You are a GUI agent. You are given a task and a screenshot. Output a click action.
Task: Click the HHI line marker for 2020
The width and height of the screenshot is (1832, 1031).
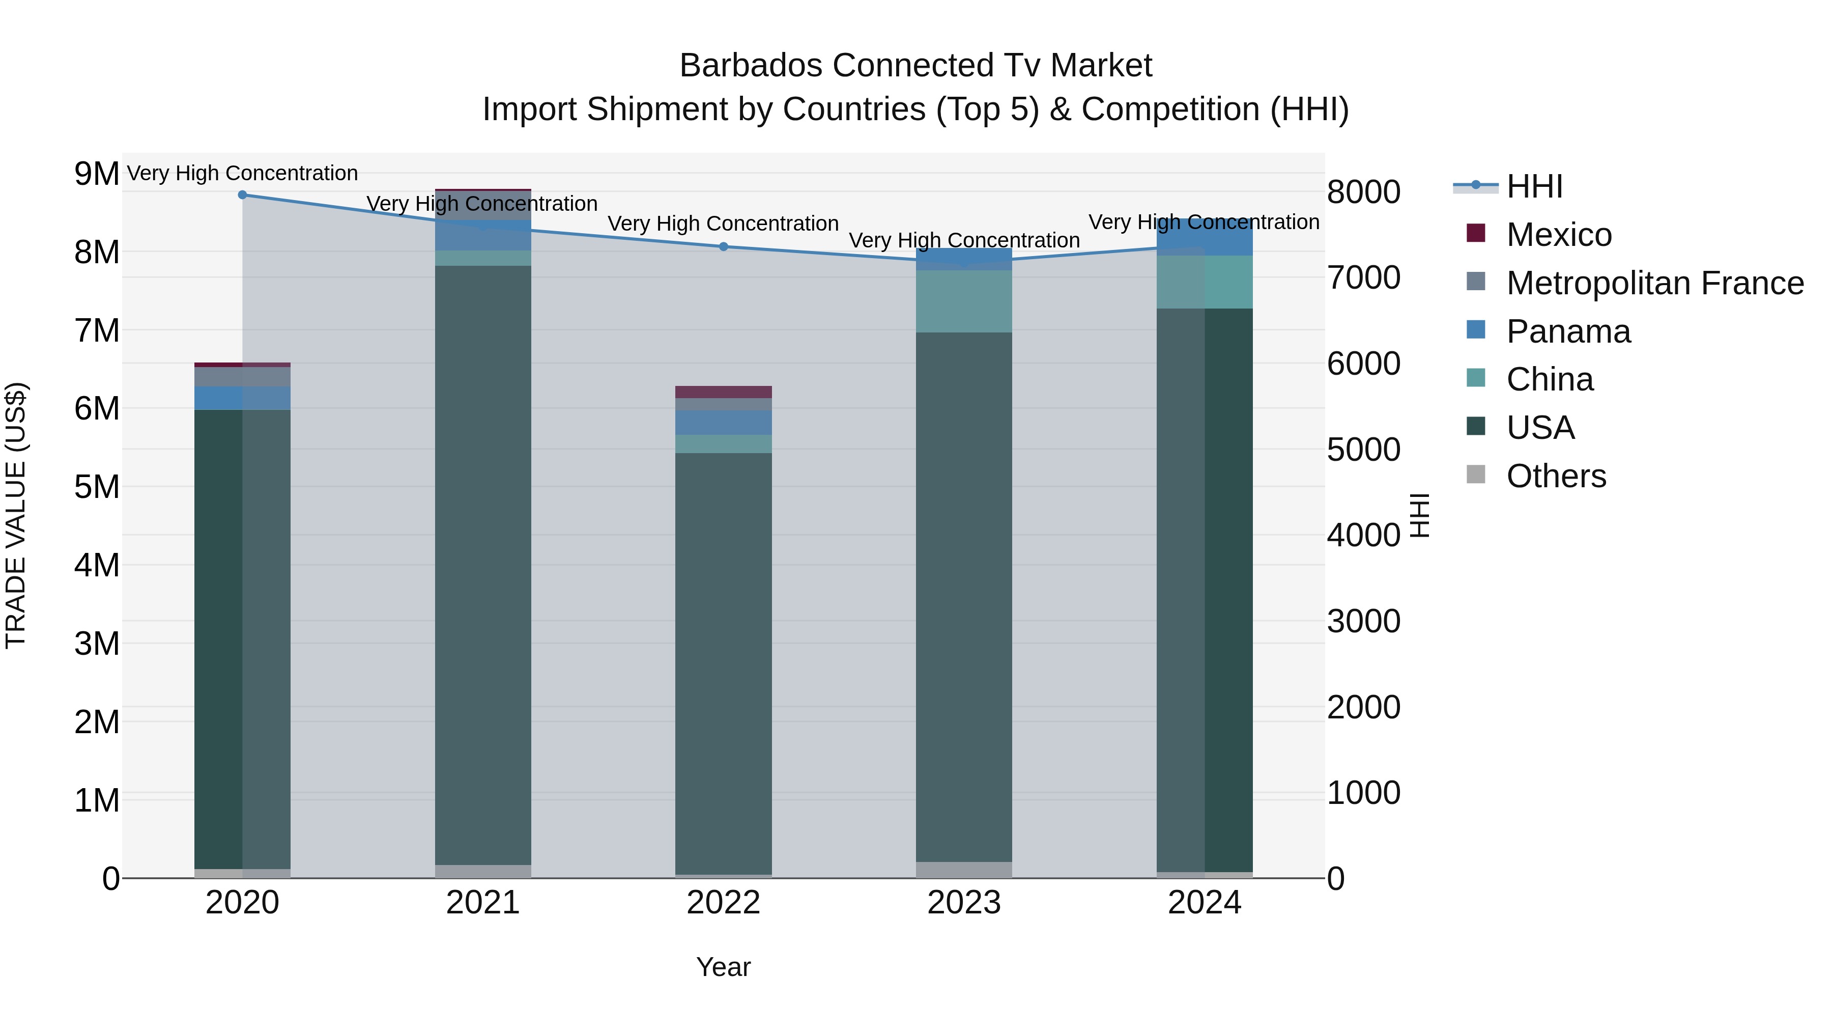coord(243,194)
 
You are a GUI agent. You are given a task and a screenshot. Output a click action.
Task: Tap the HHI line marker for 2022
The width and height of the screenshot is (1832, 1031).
coord(723,246)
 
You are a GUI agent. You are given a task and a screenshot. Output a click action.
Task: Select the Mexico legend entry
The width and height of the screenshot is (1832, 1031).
coord(1558,235)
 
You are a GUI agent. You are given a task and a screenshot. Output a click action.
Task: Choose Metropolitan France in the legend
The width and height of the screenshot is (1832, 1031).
coord(1654,283)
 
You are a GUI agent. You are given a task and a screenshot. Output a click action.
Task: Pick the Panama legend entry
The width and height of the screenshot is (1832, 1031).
coord(1567,331)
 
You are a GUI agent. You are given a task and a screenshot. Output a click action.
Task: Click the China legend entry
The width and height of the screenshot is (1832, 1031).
coord(1549,379)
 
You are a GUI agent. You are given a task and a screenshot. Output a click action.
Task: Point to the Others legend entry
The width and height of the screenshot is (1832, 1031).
coord(1555,476)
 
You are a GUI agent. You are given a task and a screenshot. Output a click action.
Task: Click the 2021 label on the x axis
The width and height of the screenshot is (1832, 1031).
coord(483,903)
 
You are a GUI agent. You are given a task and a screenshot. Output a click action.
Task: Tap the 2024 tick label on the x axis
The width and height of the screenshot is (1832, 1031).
coord(1204,903)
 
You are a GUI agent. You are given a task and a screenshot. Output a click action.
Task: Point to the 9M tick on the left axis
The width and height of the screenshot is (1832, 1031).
coord(97,174)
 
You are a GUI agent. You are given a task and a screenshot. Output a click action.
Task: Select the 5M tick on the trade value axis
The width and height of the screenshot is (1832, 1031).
coord(97,487)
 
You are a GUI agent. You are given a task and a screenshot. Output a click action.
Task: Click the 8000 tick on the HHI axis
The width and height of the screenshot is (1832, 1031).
coord(1363,192)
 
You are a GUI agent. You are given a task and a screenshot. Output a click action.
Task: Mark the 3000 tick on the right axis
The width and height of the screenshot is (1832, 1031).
coord(1363,621)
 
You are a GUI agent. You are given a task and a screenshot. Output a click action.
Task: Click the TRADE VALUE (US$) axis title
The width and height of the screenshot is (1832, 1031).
coord(16,515)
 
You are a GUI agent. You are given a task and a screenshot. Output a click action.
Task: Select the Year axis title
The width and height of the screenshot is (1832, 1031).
coord(723,967)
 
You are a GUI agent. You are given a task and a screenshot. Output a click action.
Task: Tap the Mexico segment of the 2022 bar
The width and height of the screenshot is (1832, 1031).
coord(723,392)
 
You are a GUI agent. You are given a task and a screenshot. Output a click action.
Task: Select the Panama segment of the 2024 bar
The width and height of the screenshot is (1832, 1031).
coord(1204,238)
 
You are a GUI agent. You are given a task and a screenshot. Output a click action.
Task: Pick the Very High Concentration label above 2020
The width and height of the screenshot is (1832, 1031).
coord(243,173)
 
